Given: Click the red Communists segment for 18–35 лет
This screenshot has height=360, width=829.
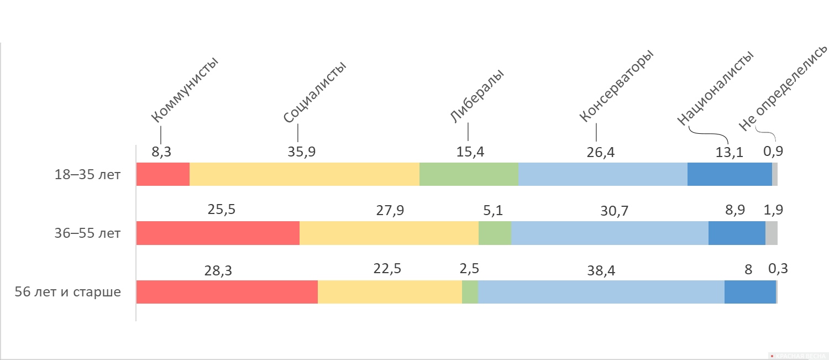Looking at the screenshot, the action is point(163,174).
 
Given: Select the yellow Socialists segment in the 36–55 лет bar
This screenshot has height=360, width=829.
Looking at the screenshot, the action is point(389,233).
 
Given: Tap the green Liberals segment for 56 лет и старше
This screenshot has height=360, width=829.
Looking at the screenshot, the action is point(470,292).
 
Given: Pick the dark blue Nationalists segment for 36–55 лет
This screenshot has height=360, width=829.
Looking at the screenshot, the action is point(737,233).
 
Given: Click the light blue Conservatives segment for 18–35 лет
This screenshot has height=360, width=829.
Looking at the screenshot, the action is point(603,174).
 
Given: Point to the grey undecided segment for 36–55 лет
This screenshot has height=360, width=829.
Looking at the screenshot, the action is point(772,233).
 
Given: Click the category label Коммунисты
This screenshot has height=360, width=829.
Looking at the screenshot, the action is point(185,90).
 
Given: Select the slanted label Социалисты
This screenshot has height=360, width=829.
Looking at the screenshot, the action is point(314,92).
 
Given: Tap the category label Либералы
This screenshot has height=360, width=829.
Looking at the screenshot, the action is point(477,96).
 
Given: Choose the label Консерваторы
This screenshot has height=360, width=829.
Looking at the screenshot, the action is point(617,86).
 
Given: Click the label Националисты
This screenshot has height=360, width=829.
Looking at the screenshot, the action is point(715,88).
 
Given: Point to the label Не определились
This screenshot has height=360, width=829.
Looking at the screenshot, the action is point(783,88).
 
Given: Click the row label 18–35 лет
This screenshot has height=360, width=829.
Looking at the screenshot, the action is point(87,174).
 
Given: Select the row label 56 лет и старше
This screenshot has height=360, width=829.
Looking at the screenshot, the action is point(68,292).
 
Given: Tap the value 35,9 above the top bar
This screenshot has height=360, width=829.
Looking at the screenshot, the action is point(302,152).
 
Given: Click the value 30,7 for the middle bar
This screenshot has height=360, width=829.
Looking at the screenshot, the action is point(615,211).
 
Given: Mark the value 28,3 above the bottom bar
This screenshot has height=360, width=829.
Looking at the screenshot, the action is point(218,271).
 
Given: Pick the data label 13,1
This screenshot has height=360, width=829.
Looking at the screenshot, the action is point(729,152).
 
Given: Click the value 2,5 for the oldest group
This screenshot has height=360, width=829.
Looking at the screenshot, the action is point(469,269).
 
